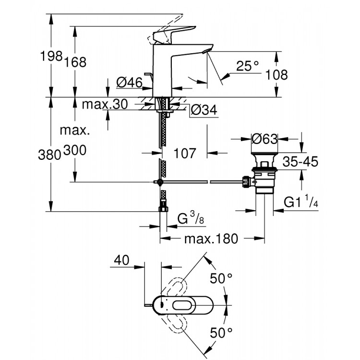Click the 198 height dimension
(x=52, y=56)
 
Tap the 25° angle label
(x=247, y=66)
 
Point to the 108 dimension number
(x=277, y=75)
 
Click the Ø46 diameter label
(x=129, y=83)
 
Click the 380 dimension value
(x=49, y=154)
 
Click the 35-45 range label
(x=300, y=161)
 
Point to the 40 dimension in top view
(x=122, y=261)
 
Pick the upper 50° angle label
(x=221, y=278)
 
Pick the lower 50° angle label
(x=221, y=332)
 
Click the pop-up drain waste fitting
(x=264, y=175)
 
